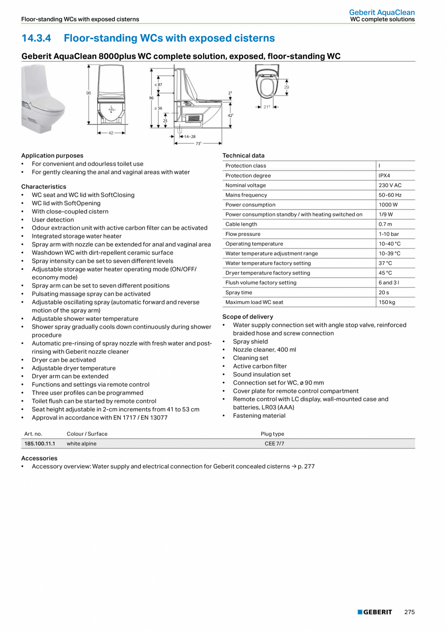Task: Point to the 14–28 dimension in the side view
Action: (x=189, y=137)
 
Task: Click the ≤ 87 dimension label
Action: (x=158, y=84)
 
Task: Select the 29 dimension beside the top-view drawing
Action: (x=287, y=87)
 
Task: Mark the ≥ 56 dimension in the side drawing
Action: (x=158, y=108)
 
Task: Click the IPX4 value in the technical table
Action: (x=384, y=176)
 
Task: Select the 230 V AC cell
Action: (x=390, y=185)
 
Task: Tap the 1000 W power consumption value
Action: (x=388, y=205)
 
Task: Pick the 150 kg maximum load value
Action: (x=387, y=302)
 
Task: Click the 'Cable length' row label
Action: (x=241, y=224)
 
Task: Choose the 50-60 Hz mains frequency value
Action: (x=390, y=195)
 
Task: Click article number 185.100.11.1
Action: (x=40, y=444)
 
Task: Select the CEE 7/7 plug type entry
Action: (x=272, y=444)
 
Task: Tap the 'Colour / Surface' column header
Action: (x=87, y=434)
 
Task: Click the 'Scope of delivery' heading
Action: (x=248, y=316)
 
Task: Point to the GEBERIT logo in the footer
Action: (x=375, y=612)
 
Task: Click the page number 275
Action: (x=409, y=612)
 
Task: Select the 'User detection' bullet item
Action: (x=53, y=220)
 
